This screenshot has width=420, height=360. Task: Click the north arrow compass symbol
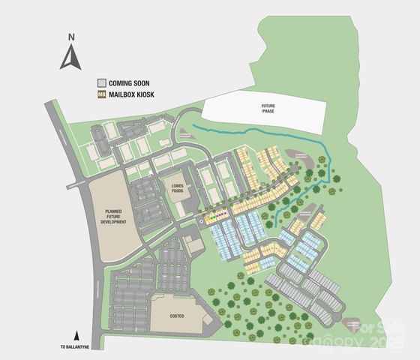(71, 57)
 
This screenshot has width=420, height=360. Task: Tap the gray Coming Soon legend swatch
(101, 82)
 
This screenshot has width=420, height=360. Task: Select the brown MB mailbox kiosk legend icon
(101, 95)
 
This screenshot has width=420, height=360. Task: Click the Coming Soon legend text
(129, 82)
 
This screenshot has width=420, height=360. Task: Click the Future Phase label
(268, 108)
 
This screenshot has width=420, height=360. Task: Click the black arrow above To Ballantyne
(76, 336)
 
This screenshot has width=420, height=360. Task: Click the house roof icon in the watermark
(355, 328)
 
